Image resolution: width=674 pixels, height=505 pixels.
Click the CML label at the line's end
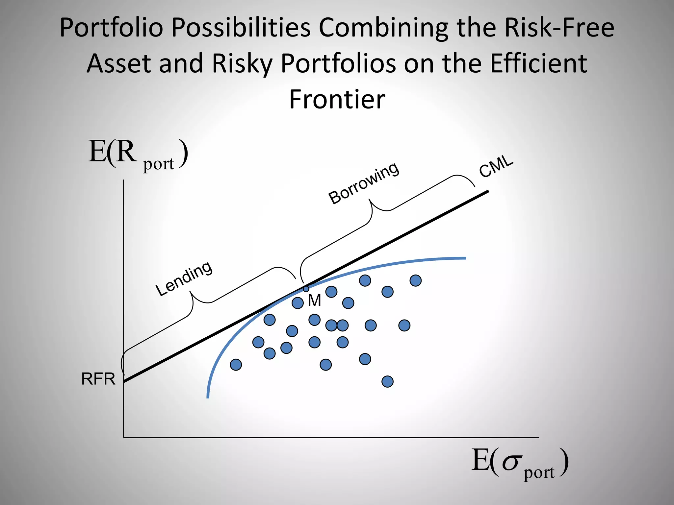pyautogui.click(x=496, y=166)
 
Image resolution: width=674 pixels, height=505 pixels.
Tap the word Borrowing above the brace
pyautogui.click(x=364, y=183)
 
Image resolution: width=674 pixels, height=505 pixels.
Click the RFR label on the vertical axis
pyautogui.click(x=98, y=379)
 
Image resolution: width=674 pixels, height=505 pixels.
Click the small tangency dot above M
pyautogui.click(x=306, y=289)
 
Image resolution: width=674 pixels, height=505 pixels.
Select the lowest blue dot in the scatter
pyautogui.click(x=387, y=382)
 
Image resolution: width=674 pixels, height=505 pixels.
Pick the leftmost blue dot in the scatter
pyautogui.click(x=236, y=365)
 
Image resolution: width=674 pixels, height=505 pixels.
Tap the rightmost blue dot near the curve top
pyautogui.click(x=416, y=280)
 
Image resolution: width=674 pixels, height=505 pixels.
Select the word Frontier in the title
pyautogui.click(x=337, y=99)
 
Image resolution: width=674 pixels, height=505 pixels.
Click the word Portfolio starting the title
pyautogui.click(x=111, y=28)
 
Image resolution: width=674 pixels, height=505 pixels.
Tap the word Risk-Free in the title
pyautogui.click(x=559, y=28)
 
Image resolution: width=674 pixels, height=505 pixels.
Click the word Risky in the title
pyautogui.click(x=242, y=64)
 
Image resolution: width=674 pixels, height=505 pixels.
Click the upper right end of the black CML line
pyautogui.click(x=488, y=192)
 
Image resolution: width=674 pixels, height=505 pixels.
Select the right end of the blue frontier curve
pyautogui.click(x=465, y=258)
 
